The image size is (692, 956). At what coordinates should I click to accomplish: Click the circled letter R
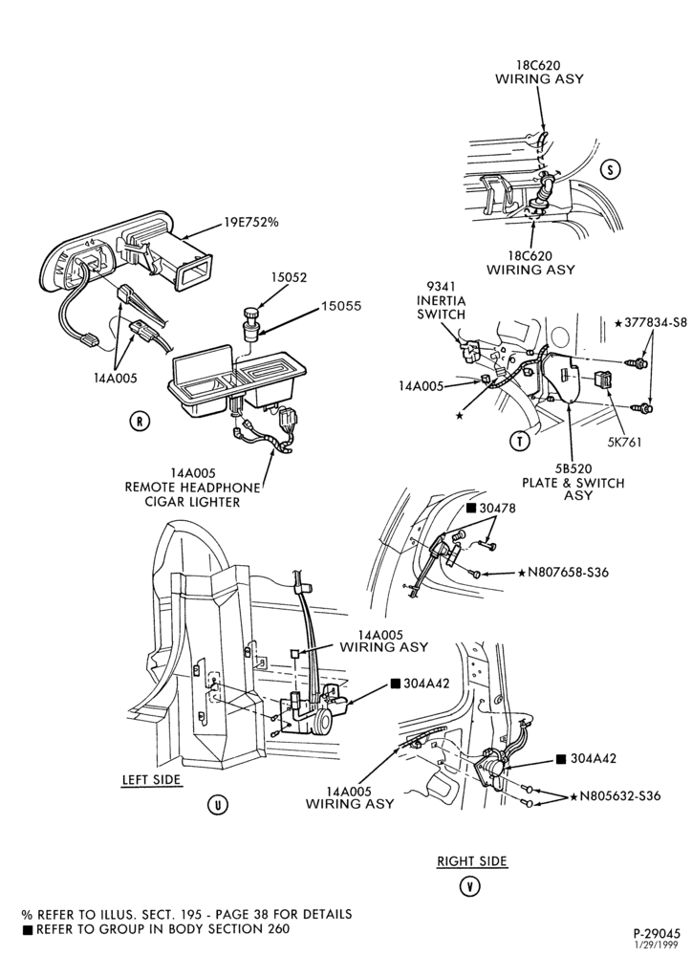click(140, 421)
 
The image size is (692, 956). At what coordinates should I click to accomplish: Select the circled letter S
click(611, 169)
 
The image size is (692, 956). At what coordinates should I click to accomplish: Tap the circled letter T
click(519, 440)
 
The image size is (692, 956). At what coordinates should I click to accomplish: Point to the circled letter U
click(218, 805)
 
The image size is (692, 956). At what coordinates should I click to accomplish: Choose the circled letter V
click(469, 886)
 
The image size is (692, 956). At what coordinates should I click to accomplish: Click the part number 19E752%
click(250, 222)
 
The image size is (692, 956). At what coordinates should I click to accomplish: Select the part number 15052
click(289, 277)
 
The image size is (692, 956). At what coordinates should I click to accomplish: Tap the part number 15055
click(341, 306)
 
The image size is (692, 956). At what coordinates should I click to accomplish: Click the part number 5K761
click(624, 442)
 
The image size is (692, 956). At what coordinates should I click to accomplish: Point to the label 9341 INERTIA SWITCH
click(441, 300)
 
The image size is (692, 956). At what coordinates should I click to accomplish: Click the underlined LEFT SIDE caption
click(152, 780)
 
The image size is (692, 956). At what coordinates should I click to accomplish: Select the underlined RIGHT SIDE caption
click(472, 861)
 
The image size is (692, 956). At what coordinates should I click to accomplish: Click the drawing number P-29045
click(656, 933)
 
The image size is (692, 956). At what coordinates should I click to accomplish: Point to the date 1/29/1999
click(660, 945)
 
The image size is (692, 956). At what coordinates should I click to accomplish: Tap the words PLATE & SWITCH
click(573, 483)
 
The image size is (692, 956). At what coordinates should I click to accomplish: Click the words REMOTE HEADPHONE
click(192, 488)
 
